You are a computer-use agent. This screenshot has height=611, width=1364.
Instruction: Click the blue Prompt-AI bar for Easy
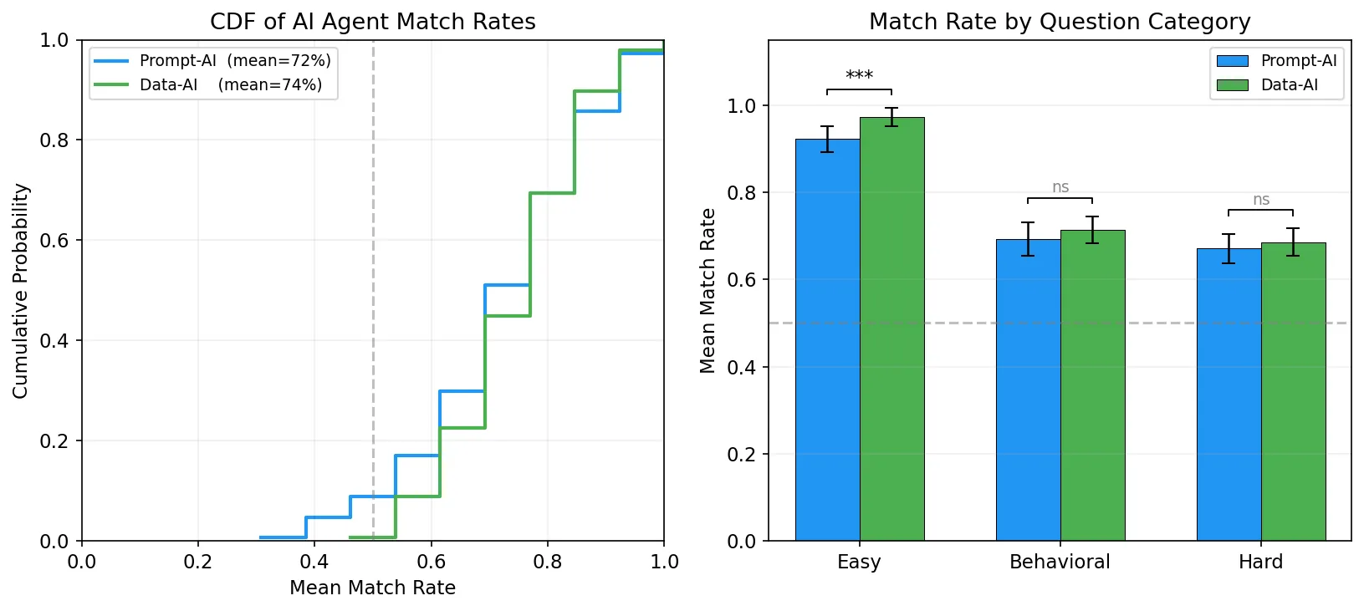(x=828, y=339)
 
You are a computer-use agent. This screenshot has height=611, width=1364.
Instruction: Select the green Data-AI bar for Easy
(x=892, y=328)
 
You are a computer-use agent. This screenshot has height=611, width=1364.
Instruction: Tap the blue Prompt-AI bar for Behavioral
(x=1029, y=390)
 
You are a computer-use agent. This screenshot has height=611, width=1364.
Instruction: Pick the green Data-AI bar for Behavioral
(x=1093, y=385)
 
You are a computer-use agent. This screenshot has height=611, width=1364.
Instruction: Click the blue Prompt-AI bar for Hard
(x=1229, y=395)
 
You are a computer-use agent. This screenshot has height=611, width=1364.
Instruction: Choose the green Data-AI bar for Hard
(x=1294, y=391)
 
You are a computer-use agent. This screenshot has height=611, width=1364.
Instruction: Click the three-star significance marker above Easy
(x=859, y=75)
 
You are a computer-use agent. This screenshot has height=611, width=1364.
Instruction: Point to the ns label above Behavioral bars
(x=1060, y=187)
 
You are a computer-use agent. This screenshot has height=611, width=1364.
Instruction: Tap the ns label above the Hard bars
(x=1261, y=200)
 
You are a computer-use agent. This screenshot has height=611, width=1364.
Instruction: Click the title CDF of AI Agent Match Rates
(x=373, y=22)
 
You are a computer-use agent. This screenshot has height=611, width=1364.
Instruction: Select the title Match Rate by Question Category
(x=1060, y=22)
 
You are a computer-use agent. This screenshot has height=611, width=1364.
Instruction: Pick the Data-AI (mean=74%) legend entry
(x=208, y=84)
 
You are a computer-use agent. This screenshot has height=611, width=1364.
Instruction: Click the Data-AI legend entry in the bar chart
(x=1267, y=84)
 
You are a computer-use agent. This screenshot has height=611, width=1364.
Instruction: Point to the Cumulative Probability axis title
(x=20, y=291)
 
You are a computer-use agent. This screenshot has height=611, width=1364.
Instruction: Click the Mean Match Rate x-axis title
(x=373, y=588)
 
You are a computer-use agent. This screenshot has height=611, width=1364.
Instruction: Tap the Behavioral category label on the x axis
(x=1060, y=562)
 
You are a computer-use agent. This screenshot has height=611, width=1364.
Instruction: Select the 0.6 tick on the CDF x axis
(x=432, y=562)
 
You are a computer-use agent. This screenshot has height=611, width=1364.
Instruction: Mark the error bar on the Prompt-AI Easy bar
(x=827, y=140)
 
